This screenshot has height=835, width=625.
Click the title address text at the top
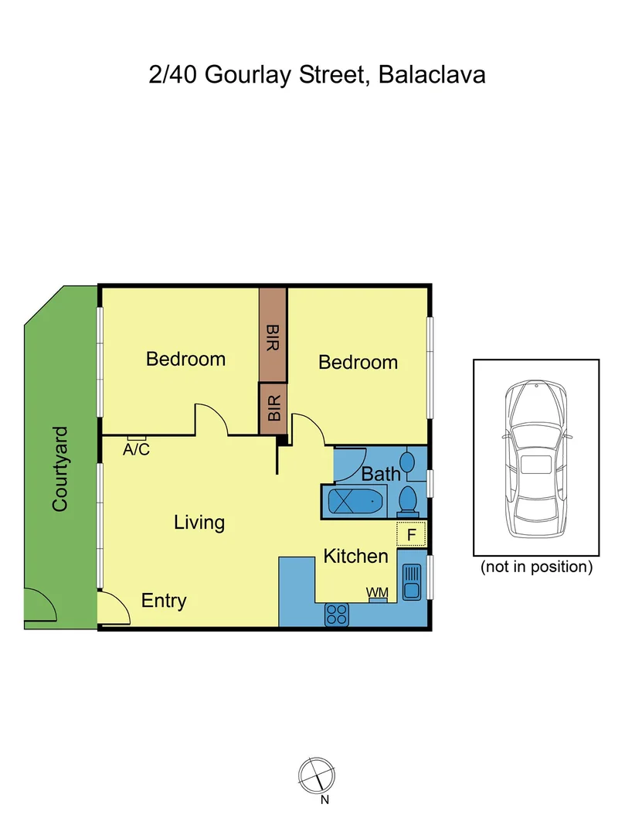click(318, 76)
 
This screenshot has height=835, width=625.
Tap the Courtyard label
click(60, 469)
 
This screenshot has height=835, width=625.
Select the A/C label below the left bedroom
click(137, 448)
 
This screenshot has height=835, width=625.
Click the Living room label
click(199, 522)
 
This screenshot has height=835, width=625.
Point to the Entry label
click(164, 600)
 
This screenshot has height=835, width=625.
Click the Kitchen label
click(355, 555)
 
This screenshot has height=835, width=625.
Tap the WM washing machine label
click(377, 592)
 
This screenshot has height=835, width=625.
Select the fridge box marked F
click(411, 534)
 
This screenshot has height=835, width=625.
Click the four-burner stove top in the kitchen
click(337, 615)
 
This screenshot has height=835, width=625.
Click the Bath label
click(381, 473)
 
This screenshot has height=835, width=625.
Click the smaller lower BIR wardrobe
click(273, 407)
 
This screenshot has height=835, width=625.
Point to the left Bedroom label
click(185, 359)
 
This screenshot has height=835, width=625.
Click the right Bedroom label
click(358, 362)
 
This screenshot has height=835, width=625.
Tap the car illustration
click(536, 457)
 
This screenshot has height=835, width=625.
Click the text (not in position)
click(536, 567)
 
